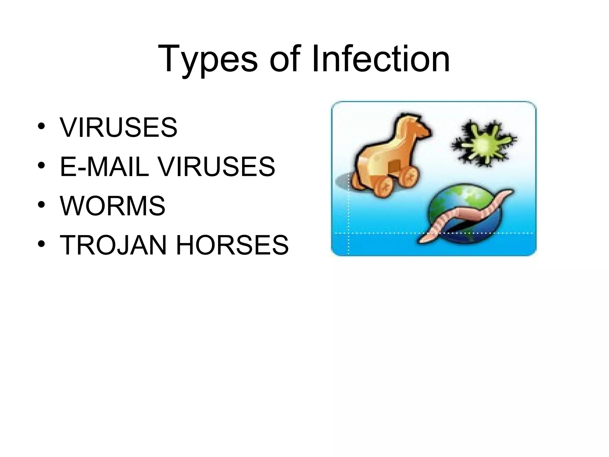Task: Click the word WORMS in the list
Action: pos(112,206)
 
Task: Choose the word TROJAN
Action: pos(113,245)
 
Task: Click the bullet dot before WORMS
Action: pos(41,205)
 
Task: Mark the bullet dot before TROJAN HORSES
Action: pos(41,244)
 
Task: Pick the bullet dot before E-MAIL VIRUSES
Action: pos(41,165)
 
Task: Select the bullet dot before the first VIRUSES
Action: pos(41,126)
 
